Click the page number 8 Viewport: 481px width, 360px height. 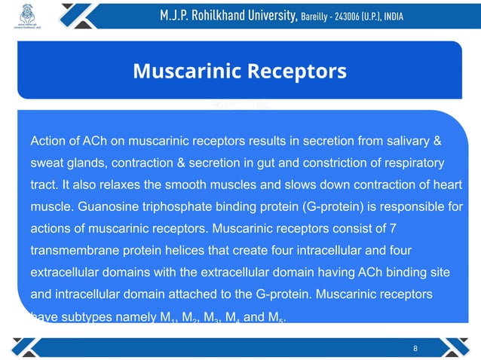[x=416, y=348]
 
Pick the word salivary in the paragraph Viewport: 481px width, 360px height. [x=403, y=142]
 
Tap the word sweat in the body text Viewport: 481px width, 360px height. [x=46, y=163]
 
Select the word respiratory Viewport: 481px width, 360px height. [x=409, y=163]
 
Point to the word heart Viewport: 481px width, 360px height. [x=446, y=184]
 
